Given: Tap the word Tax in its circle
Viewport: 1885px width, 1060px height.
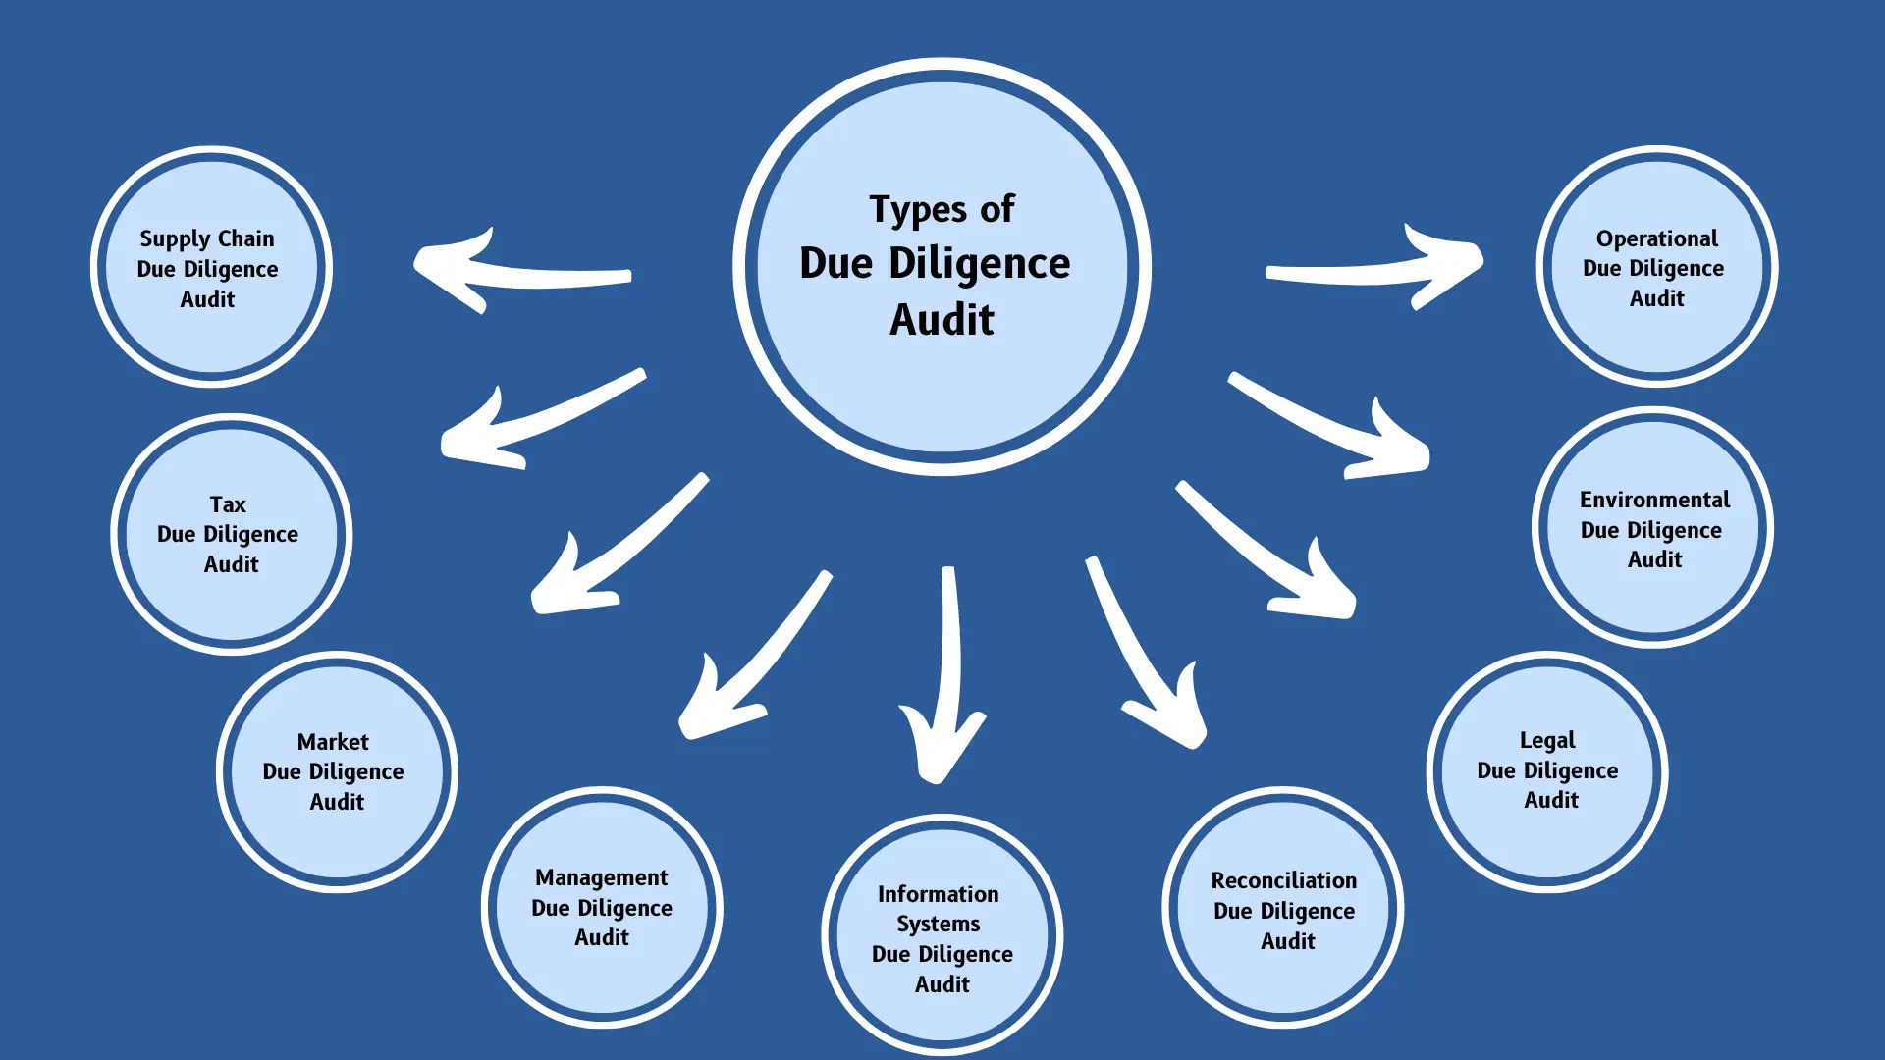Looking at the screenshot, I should click(228, 504).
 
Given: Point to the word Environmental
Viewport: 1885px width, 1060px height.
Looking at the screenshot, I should click(1654, 500).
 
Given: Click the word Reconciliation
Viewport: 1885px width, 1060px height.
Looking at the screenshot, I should click(1283, 880).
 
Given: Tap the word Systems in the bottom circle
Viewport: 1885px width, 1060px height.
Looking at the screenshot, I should click(938, 925).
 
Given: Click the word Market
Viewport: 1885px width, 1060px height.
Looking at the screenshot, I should click(333, 742).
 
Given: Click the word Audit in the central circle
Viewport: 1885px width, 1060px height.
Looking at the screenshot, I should click(942, 320).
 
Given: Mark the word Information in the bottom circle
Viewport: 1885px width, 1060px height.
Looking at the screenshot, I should click(938, 894).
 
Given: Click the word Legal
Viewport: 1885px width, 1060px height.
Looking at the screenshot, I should click(1547, 741).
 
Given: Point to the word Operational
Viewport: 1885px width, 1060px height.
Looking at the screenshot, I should click(1656, 238).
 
